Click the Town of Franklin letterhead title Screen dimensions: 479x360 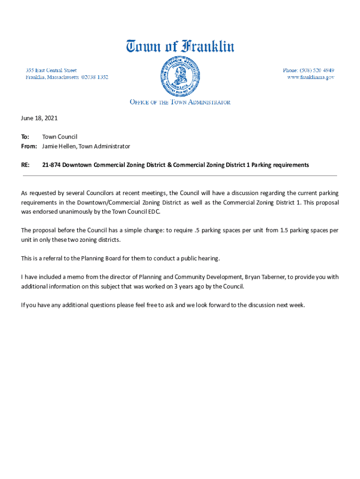[180, 47]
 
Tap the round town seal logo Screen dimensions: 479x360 [180, 75]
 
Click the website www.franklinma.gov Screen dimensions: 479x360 [310, 77]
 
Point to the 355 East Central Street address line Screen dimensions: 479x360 [51, 70]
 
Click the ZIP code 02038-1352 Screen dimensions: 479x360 [95, 77]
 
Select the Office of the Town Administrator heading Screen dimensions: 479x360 [180, 102]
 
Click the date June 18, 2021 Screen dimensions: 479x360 [39, 118]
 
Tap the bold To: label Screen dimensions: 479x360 [25, 137]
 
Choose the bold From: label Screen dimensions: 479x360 [29, 146]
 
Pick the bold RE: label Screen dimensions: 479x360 [26, 165]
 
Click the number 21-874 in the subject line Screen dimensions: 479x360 [51, 165]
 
